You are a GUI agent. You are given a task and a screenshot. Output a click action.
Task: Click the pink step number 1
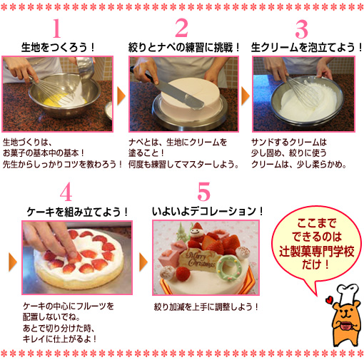click(x=56, y=29)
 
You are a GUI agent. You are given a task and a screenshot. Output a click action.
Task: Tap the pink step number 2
click(x=182, y=28)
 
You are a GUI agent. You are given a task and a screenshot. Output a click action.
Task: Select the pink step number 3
click(x=302, y=29)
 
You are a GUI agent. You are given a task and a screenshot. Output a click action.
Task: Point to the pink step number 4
click(x=66, y=192)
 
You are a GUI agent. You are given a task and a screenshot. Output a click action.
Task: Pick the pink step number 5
click(x=203, y=191)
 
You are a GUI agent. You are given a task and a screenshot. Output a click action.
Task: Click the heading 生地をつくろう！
click(x=58, y=47)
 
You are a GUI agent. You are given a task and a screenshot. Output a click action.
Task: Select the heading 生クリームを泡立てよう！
click(x=307, y=47)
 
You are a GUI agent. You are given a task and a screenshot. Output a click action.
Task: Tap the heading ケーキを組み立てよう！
click(x=78, y=212)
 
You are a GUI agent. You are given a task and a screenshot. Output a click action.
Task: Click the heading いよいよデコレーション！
click(x=208, y=211)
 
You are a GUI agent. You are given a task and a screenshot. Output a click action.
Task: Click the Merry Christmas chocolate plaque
click(x=201, y=259)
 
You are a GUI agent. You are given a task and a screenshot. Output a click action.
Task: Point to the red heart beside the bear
click(x=329, y=300)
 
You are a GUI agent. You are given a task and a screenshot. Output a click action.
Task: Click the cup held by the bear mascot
click(x=346, y=326)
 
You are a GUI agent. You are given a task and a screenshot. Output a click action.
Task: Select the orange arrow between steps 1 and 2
click(x=121, y=96)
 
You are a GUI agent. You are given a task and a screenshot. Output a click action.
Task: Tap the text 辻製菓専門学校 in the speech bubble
click(x=317, y=251)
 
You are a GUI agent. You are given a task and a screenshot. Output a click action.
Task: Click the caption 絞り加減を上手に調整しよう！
click(x=206, y=307)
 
